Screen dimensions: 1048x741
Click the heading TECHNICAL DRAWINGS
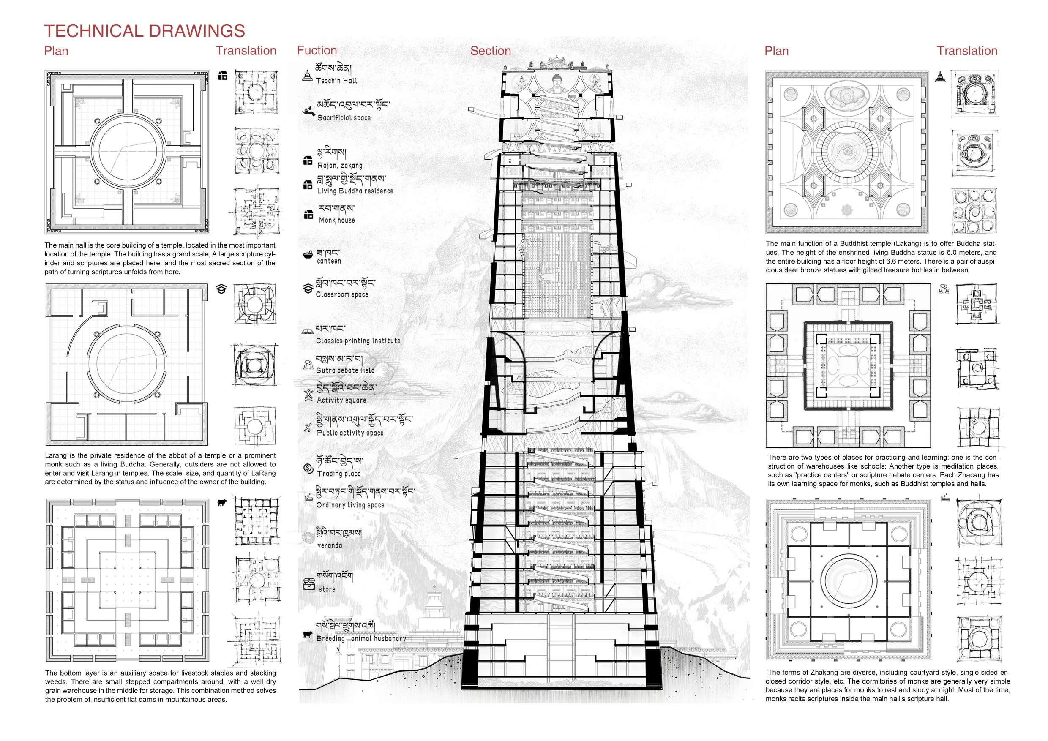144,31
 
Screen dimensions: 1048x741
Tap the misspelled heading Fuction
317,51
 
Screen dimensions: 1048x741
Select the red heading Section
490,51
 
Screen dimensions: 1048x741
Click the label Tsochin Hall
336,81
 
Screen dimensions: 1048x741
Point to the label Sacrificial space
344,118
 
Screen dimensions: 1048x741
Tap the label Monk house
336,220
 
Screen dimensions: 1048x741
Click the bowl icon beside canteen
307,254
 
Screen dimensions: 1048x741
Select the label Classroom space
342,294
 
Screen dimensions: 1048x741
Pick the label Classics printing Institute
358,341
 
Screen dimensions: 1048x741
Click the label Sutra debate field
345,370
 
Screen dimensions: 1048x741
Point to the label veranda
329,545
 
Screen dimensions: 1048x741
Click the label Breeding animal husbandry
361,638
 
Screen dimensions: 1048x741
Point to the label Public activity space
350,433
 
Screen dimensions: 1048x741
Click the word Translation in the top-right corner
967,51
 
